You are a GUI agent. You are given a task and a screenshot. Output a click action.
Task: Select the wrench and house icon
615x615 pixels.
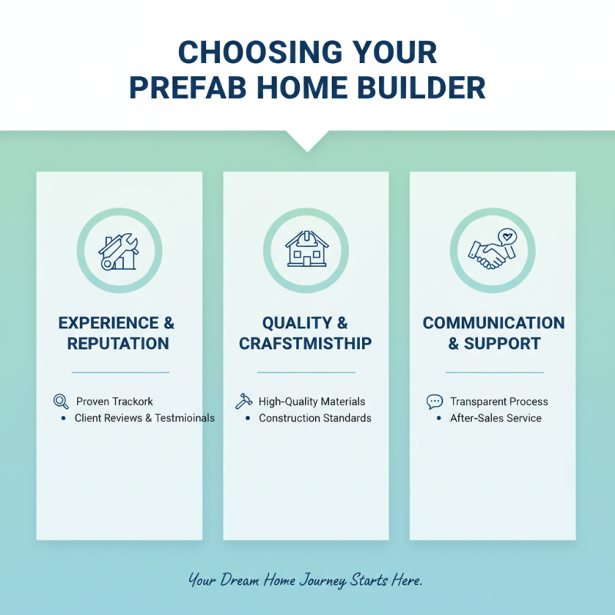pos(119,251)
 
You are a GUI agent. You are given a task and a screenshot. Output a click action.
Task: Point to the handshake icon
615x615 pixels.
pos(488,254)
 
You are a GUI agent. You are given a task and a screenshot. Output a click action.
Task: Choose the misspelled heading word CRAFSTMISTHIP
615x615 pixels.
pos(305,344)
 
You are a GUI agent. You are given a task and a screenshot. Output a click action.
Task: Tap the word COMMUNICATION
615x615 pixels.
pos(493,323)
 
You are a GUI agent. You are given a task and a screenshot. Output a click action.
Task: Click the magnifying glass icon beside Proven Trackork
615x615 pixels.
pos(61,401)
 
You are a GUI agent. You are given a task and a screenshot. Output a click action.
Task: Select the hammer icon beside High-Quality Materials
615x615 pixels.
pos(244,401)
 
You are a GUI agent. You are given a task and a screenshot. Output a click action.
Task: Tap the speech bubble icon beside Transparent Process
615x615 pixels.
pos(434,401)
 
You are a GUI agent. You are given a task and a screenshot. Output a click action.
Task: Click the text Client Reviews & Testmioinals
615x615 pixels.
pos(145,418)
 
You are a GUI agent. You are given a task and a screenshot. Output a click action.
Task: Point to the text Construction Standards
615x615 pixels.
pos(314,418)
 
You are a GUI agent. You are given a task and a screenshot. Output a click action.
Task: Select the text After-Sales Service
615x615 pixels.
pos(496,418)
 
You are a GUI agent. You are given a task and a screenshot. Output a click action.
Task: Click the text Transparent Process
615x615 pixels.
pos(499,401)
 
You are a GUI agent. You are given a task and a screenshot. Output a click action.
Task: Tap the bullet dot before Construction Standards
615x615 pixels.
pos(248,418)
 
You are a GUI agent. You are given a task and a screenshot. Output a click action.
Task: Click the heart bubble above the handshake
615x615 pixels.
pos(507,236)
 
